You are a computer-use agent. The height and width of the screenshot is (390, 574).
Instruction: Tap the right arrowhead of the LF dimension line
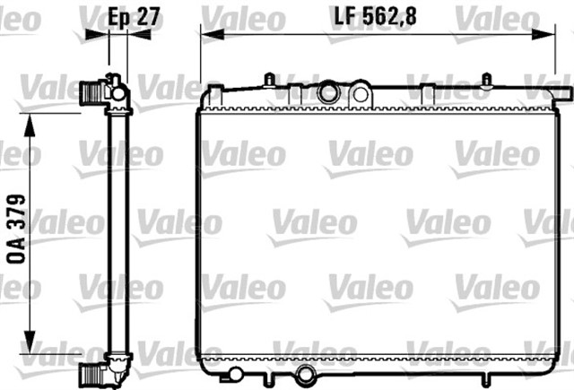pyautogui.click(x=549, y=34)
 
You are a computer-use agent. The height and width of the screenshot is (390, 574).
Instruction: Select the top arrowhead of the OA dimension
pyautogui.click(x=32, y=120)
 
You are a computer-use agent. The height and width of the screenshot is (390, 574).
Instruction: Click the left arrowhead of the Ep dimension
pyautogui.click(x=93, y=34)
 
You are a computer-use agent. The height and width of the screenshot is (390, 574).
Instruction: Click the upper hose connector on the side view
pyautogui.click(x=91, y=91)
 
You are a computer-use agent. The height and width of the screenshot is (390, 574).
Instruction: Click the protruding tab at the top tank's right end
pyautogui.click(x=561, y=92)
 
